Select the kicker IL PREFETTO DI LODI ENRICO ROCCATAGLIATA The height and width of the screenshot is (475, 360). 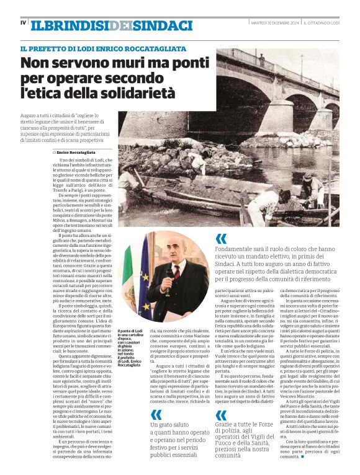pos(103,49)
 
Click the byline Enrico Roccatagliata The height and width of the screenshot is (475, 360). pos(76,152)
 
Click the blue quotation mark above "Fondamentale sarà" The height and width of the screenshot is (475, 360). pos(222,239)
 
